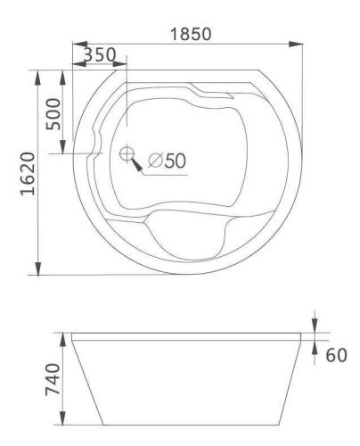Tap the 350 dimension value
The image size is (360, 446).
pos(100,55)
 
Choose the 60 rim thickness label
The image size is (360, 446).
pos(337,355)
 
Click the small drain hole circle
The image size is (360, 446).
pos(127,153)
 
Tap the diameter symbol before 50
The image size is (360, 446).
pos(155,161)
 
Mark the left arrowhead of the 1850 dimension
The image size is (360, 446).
pos(76,44)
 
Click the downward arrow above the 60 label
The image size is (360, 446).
pos(317,328)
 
